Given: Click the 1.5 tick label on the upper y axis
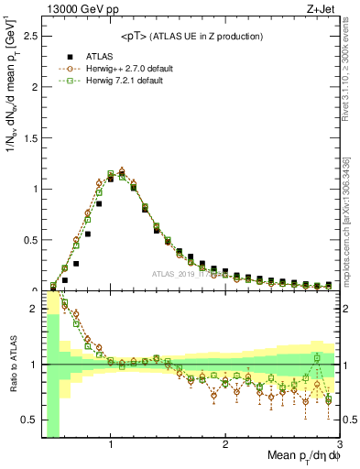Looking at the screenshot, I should click(29, 138).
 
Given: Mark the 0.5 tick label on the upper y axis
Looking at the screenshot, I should click(29, 240).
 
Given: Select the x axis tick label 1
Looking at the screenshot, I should click(110, 445).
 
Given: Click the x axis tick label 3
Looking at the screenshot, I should click(339, 445).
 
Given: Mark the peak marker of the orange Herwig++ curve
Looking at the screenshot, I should click(122, 170).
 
